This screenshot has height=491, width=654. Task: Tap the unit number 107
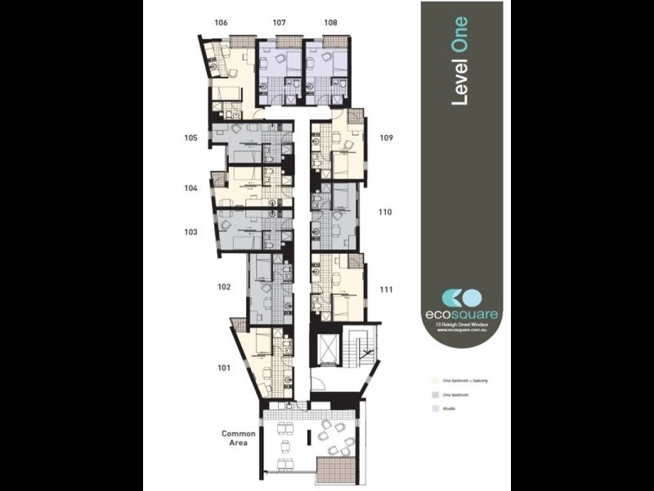[279, 23]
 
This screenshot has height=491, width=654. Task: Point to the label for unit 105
[190, 138]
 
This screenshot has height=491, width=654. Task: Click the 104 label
[190, 187]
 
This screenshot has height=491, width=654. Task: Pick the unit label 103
[190, 232]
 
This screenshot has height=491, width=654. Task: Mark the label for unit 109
[386, 138]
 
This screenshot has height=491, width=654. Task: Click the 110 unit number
[386, 212]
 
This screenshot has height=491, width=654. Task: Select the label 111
[386, 288]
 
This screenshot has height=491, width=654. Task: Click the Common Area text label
[239, 438]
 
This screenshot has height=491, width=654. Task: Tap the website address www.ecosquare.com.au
[462, 331]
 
